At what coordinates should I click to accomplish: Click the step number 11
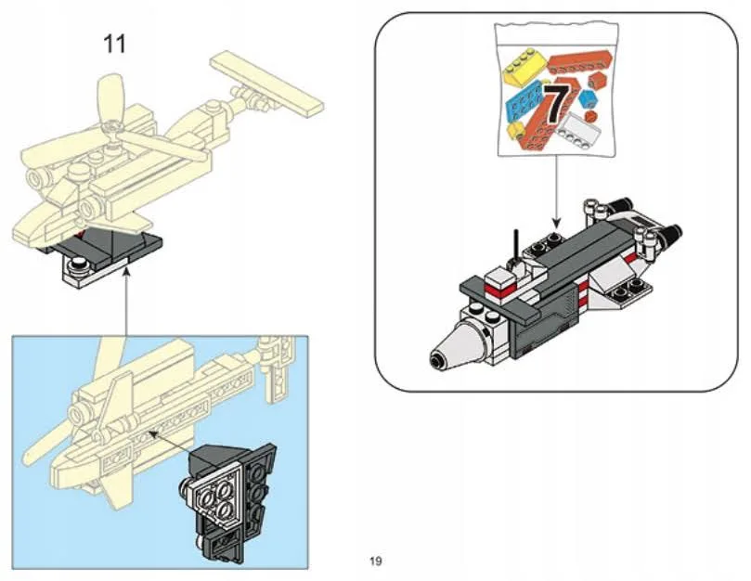point(116,44)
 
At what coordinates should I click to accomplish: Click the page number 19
point(376,561)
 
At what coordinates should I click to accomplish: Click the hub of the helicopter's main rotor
point(114,128)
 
